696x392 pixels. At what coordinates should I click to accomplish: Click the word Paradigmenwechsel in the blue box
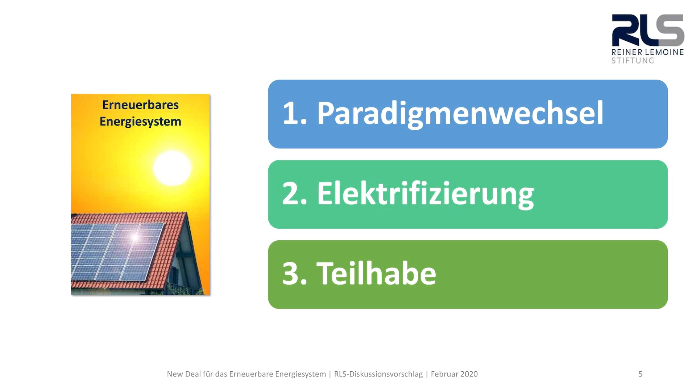coord(460,114)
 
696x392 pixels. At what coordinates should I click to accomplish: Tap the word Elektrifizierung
coord(425,194)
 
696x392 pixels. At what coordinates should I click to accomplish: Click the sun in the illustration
coord(172,168)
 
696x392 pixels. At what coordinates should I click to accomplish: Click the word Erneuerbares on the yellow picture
coord(140,105)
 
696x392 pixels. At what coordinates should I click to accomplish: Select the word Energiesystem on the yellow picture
coord(140,122)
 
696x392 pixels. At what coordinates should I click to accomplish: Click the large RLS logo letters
coord(648,30)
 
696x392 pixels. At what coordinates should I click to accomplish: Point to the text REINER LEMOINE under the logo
coord(647,52)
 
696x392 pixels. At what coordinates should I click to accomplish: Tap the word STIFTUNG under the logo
coord(633,61)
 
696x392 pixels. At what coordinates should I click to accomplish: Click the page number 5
coord(641,374)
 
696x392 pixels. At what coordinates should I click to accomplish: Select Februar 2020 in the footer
coord(454,374)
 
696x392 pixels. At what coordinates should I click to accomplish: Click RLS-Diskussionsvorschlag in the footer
coord(378,374)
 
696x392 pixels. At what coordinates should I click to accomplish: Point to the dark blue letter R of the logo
coord(623,30)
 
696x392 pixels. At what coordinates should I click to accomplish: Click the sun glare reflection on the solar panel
coord(135,237)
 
